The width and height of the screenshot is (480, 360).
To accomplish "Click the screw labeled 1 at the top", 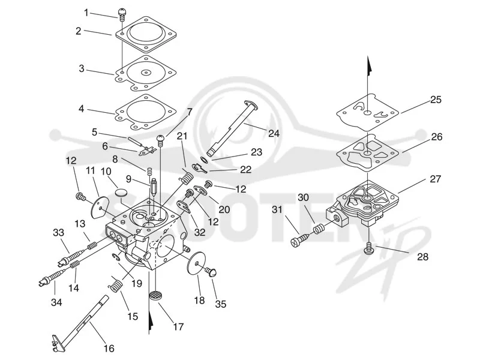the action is coord(122,14).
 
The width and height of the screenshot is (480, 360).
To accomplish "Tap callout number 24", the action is coord(274,133).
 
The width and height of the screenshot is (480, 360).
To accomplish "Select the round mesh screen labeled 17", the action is coord(156,296).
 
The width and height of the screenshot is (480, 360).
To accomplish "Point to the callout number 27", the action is coord(435,179).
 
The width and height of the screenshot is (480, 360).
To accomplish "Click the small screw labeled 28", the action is coord(369,247).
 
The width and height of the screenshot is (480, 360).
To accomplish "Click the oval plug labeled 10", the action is coord(122,193).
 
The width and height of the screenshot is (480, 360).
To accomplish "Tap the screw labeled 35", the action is coord(211,271).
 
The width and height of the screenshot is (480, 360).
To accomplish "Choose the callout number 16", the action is coord(109,349).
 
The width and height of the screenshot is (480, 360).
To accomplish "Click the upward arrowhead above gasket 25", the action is coord(370,65).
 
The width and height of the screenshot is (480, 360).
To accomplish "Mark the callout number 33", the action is coord(58,233).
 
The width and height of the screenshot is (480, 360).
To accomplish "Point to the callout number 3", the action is coord(82,68).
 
